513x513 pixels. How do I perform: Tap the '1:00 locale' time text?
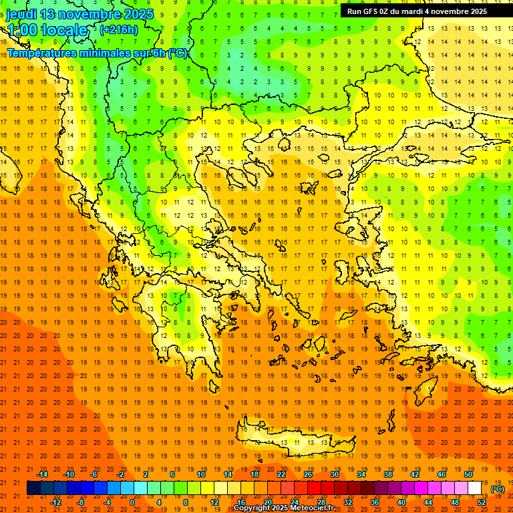click(47, 30)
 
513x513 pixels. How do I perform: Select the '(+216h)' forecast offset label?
click(119, 29)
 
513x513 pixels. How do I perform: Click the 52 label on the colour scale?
click(482, 502)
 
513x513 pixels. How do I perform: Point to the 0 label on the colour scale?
click(132, 502)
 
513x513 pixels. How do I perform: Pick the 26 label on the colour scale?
click(308, 474)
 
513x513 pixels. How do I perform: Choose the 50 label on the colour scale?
click(468, 474)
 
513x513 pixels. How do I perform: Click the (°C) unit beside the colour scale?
click(498, 489)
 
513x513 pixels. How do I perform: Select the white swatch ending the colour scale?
click(475, 488)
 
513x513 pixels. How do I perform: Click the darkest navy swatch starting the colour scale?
click(33, 488)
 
